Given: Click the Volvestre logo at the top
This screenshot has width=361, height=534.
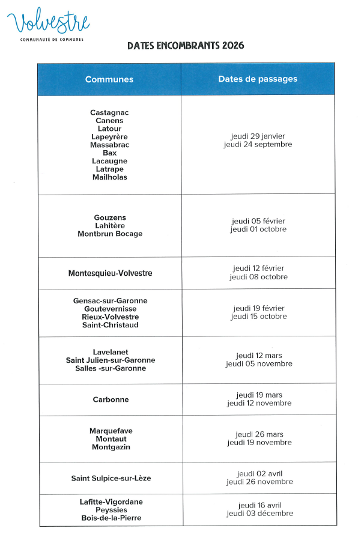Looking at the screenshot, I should click(x=48, y=24).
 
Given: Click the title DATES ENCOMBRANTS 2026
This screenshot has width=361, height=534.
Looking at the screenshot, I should click(x=186, y=46).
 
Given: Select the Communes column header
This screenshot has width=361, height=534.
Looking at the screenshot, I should click(x=109, y=79).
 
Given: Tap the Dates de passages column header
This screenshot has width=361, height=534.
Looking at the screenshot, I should click(x=258, y=79).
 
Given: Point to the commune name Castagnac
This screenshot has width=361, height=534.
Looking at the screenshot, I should click(x=109, y=113).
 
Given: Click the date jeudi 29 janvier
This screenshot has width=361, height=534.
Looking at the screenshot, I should click(x=258, y=136).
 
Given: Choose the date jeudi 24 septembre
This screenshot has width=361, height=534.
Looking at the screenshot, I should click(x=258, y=145).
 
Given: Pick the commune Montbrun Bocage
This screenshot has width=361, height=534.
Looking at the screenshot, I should click(x=110, y=234).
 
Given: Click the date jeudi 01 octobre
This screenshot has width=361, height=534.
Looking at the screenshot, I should click(x=258, y=229).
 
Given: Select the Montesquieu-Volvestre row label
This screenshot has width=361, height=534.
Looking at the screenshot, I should click(x=110, y=273).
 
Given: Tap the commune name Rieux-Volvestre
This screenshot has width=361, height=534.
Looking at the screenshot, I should click(x=110, y=317).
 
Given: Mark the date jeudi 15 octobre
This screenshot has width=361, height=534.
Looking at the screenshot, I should click(x=258, y=317).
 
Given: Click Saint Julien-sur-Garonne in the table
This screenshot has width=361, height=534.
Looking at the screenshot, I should click(x=111, y=360).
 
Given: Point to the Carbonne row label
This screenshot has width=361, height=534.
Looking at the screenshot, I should click(x=111, y=399).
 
